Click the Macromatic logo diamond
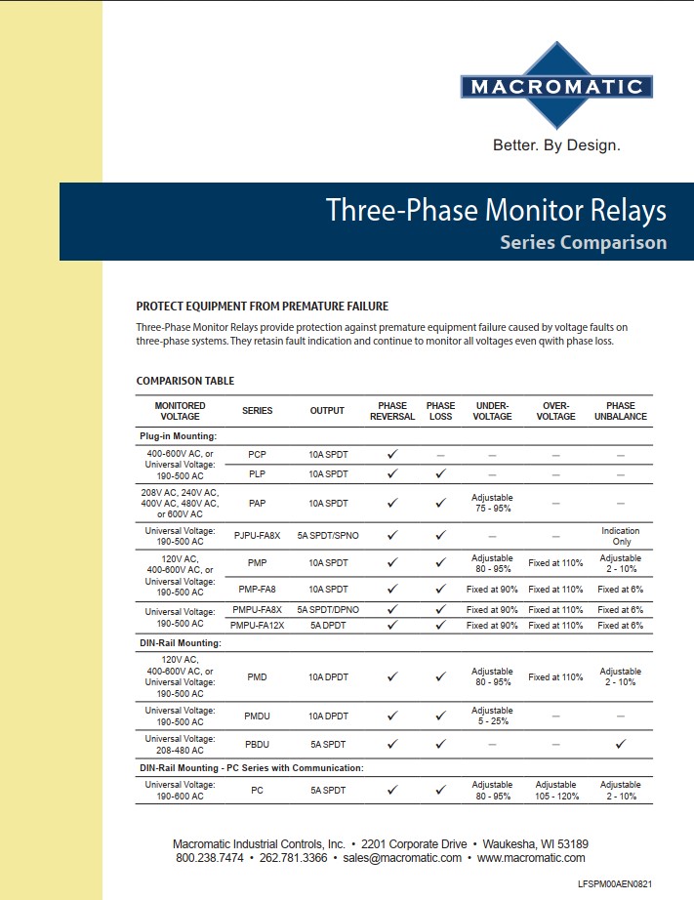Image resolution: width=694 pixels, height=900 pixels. [556, 86]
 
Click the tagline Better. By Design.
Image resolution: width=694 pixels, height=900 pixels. [556, 145]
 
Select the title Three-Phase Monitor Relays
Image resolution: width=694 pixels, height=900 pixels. [496, 210]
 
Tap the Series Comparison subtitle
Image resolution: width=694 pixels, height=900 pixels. [583, 242]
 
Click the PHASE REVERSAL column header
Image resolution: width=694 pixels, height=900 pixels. [392, 411]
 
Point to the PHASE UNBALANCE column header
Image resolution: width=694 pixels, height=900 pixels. [620, 411]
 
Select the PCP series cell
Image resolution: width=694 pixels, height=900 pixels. [257, 455]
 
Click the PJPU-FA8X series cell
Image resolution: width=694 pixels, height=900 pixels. [257, 535]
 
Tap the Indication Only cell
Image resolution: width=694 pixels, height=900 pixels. [620, 536]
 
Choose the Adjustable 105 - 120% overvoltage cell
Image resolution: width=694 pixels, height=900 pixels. [556, 790]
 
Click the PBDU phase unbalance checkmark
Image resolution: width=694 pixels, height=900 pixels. [620, 744]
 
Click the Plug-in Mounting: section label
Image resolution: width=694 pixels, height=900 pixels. [178, 436]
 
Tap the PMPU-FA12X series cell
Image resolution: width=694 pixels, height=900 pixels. [257, 625]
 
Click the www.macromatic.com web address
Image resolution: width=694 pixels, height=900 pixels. [531, 858]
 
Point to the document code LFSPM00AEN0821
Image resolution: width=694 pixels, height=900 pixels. [630, 883]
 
